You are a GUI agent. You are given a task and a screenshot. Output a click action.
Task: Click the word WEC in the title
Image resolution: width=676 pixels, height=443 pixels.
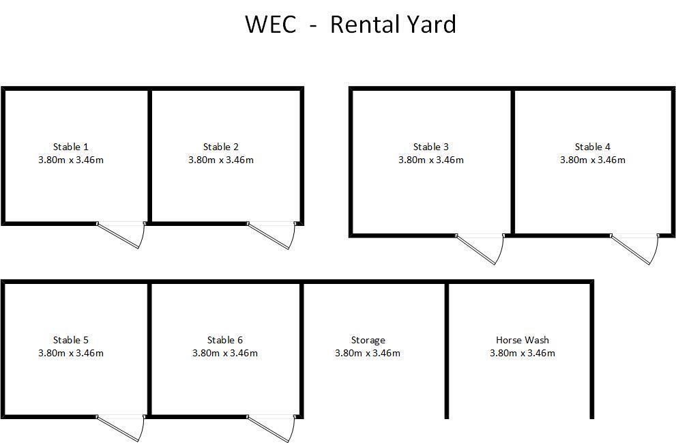tap(271, 24)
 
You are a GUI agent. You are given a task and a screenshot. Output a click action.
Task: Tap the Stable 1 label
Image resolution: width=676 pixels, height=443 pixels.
tap(71, 147)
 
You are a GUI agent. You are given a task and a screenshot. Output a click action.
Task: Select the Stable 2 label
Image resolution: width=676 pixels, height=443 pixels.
tap(221, 147)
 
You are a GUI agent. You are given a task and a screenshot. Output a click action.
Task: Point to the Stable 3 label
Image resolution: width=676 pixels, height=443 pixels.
tap(430, 147)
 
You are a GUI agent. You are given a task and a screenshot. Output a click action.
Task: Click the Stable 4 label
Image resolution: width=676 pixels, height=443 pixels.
tap(592, 147)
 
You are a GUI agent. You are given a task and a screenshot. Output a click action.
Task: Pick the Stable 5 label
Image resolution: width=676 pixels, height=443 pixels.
tap(71, 341)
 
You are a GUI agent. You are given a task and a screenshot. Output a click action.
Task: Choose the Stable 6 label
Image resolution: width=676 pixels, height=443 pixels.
tap(224, 341)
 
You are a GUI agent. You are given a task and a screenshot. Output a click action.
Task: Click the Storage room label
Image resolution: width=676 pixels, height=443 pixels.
tap(368, 341)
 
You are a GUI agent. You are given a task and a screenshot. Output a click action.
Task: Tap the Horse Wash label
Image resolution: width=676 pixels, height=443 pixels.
tap(522, 341)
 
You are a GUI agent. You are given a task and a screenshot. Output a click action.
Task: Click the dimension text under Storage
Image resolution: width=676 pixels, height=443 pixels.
tap(368, 354)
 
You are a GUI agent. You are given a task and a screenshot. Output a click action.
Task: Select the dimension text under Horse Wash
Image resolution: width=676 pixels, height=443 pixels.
tap(522, 354)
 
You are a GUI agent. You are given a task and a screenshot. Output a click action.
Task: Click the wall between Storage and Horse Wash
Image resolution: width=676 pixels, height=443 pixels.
tap(447, 351)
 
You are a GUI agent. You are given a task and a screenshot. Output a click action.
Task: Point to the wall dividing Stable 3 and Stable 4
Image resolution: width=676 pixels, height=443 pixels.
tap(513, 162)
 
